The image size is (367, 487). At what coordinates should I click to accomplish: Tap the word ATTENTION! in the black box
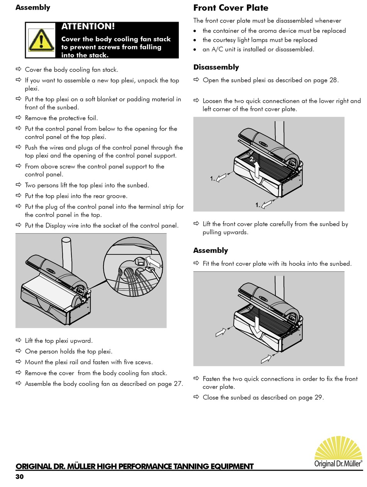(88, 27)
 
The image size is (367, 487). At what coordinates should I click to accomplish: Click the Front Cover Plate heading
(231, 8)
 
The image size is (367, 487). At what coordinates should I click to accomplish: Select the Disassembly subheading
(216, 67)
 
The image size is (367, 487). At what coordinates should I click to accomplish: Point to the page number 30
(19, 477)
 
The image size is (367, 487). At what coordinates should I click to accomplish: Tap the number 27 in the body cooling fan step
(177, 384)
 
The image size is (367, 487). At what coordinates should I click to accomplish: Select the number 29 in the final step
(318, 397)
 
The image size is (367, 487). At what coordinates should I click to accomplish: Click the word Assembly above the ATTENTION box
(33, 7)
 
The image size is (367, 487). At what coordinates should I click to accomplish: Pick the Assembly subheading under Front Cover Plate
(211, 250)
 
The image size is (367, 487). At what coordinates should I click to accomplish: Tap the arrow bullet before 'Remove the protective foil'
(19, 117)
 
